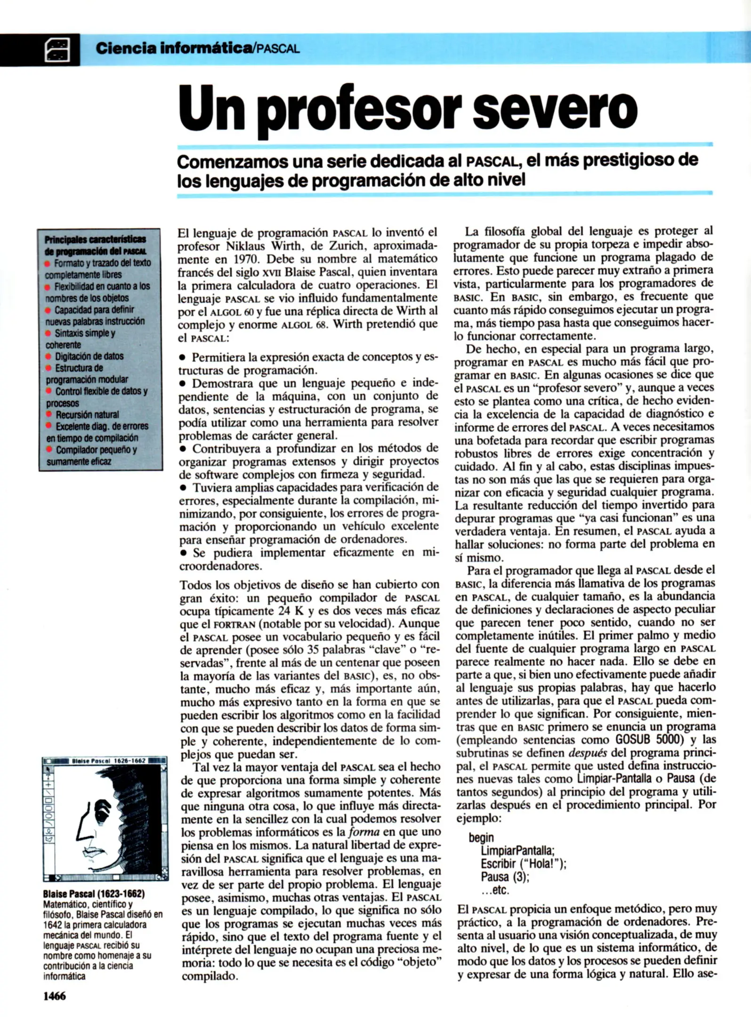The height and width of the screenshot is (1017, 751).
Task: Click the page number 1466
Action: [55, 995]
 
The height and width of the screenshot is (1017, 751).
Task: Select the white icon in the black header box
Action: [57, 50]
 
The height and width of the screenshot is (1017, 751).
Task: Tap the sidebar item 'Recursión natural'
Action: [87, 415]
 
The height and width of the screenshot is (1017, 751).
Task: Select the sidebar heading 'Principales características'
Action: [95, 240]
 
